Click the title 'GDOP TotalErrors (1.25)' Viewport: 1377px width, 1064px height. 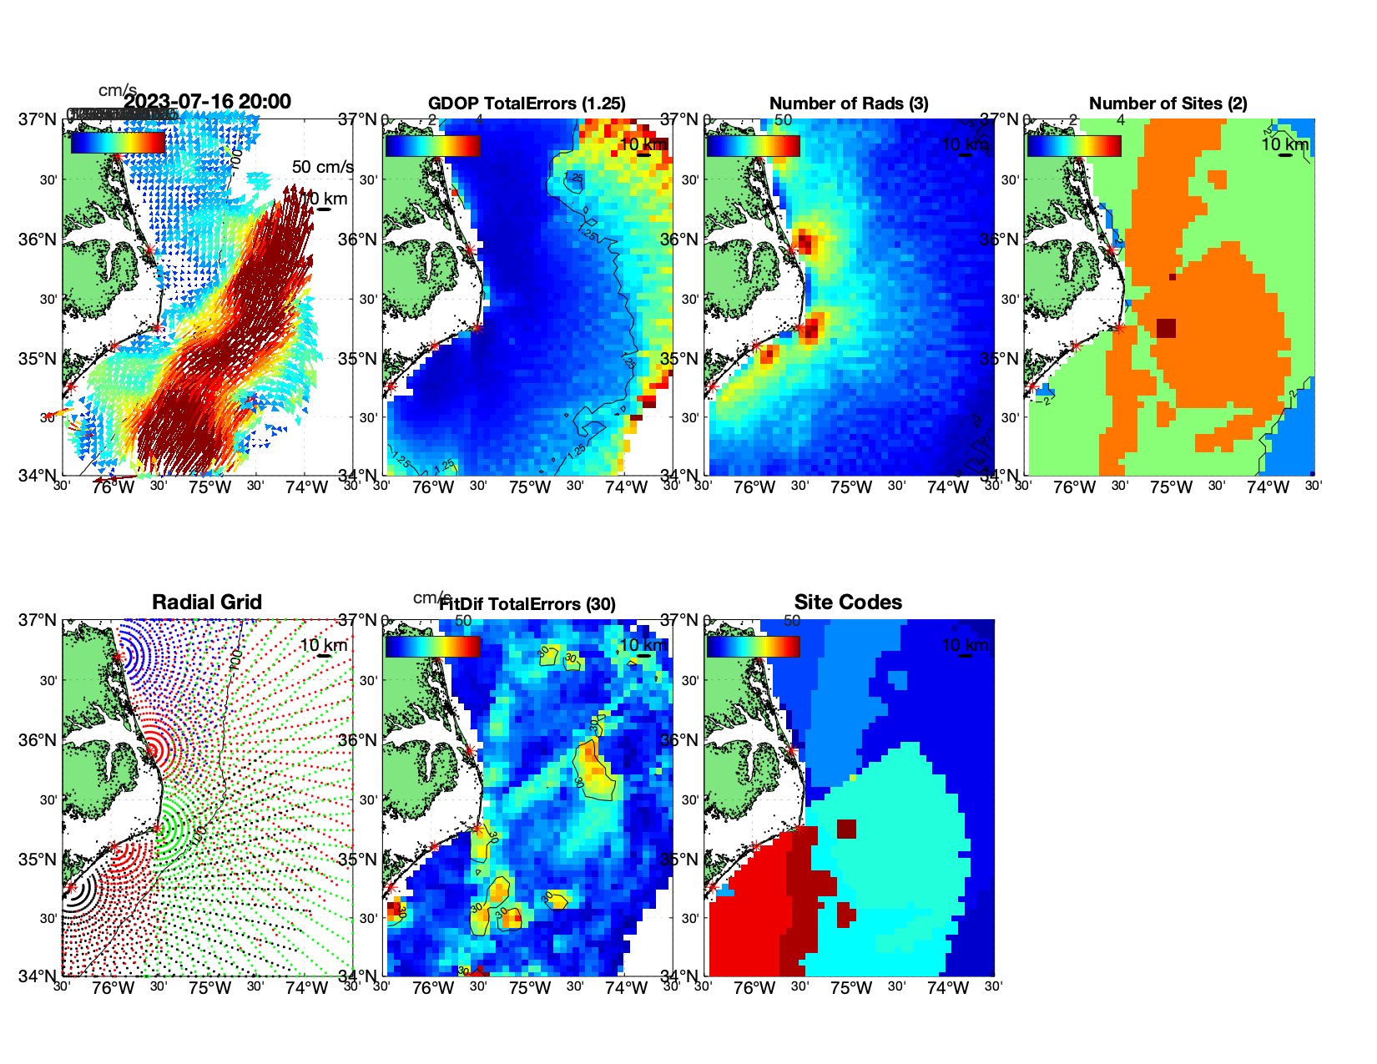(x=527, y=103)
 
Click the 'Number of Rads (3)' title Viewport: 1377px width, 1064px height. (x=849, y=103)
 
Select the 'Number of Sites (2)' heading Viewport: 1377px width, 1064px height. (x=1168, y=103)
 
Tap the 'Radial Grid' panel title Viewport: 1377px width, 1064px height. (x=207, y=603)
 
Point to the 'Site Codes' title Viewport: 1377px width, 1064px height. (x=848, y=603)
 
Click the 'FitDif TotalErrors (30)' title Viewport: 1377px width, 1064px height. (x=527, y=604)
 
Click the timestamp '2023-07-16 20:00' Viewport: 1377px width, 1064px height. (x=208, y=102)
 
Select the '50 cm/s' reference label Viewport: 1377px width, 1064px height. (x=322, y=167)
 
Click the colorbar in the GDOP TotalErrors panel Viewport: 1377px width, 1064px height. (x=432, y=145)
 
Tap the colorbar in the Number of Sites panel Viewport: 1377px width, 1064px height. (x=1074, y=145)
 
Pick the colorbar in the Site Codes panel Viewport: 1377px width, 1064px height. (x=753, y=647)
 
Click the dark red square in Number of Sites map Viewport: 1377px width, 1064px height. (x=1166, y=328)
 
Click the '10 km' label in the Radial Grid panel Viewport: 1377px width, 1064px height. (x=323, y=645)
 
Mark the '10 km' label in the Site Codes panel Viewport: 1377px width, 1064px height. (x=965, y=645)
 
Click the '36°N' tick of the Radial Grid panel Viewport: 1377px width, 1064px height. (x=38, y=740)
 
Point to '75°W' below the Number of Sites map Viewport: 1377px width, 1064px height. (x=1171, y=487)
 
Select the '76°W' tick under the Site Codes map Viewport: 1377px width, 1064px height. (x=754, y=988)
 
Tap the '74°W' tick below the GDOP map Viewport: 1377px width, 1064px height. (x=626, y=487)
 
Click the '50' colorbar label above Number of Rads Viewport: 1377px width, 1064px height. (x=783, y=119)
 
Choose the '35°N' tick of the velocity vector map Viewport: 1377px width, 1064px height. (x=38, y=359)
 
